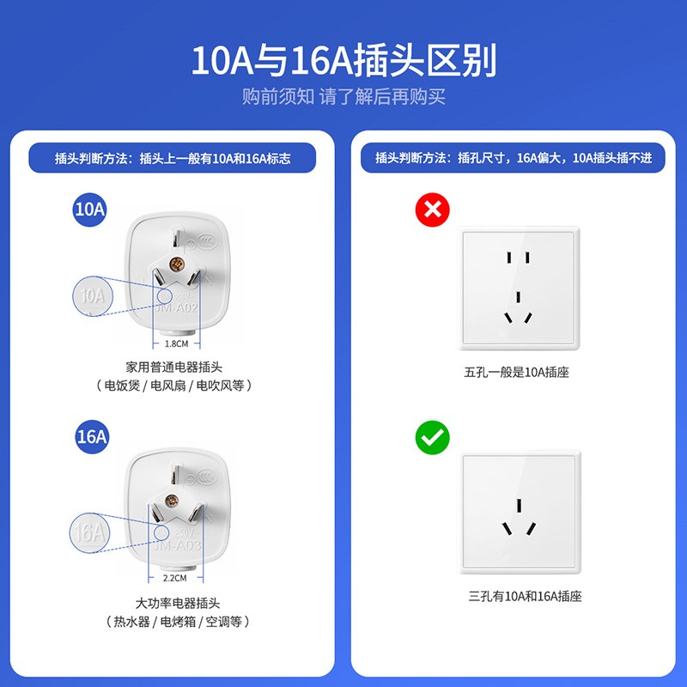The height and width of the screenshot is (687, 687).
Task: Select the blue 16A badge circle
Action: pos(90,436)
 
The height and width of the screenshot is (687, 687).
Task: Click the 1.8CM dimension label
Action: pos(176,343)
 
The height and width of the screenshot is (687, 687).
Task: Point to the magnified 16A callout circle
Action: pos(90,532)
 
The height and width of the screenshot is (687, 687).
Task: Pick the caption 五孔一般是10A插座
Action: pos(517,372)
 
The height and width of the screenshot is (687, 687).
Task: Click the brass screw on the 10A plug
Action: pos(178,264)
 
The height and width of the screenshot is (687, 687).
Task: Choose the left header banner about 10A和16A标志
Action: pos(173,158)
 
